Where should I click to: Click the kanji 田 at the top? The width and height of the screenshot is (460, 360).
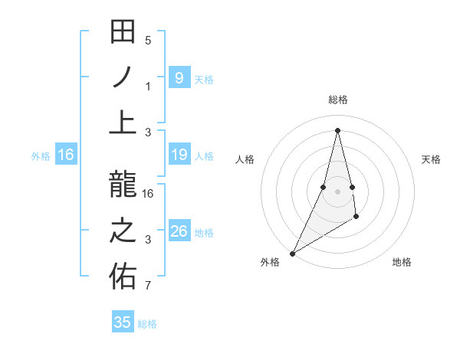coord(123,33)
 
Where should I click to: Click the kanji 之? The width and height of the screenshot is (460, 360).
coord(123,231)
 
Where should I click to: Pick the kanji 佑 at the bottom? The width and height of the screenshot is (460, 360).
coord(123,277)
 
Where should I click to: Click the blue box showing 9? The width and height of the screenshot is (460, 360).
coord(179,78)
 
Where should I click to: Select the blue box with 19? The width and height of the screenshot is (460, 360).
coord(179,155)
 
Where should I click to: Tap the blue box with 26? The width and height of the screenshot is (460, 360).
coord(179,231)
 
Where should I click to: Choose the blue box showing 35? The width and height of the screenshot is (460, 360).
coord(123,322)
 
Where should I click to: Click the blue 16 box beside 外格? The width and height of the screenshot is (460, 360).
coord(66,155)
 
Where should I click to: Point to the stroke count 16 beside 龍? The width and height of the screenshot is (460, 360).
coord(149,194)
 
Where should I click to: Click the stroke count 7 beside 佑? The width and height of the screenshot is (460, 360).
coord(149,286)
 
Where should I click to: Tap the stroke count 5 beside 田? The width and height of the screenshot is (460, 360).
coord(149,41)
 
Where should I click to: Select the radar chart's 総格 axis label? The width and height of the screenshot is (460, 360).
coord(337,100)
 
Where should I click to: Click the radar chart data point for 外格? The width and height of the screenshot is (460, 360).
coord(293,253)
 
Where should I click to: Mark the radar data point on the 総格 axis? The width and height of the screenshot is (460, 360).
coord(337,129)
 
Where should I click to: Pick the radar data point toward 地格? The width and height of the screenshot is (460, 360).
coord(356,218)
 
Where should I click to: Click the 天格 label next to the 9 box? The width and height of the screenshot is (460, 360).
coord(204,79)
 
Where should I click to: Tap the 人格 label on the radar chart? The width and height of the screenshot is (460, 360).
coord(245,159)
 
